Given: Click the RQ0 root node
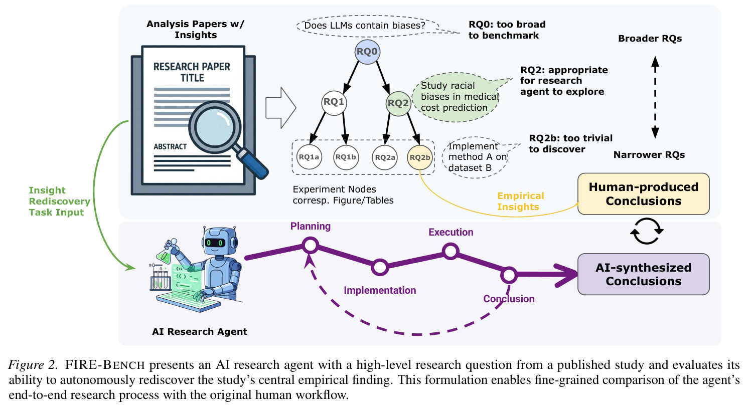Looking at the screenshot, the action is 367,52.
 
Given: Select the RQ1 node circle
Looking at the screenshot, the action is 334,103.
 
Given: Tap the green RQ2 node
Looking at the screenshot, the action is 398,103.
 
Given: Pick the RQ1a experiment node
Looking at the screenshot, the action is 309,157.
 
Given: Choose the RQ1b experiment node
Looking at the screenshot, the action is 346,157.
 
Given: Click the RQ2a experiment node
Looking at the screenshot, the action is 385,157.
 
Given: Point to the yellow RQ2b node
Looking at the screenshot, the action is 420,157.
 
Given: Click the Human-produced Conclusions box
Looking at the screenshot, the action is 644,194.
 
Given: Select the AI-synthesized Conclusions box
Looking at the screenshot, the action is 644,274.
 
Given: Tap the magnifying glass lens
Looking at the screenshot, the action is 215,127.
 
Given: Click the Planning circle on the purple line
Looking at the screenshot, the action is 310,246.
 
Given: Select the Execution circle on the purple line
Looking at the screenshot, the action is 451,251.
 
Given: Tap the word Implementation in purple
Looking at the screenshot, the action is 380,290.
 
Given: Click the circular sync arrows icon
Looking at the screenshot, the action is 647,231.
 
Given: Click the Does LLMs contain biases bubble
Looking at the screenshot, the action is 367,26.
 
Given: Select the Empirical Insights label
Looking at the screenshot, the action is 521,201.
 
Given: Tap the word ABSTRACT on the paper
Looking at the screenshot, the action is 170,147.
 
